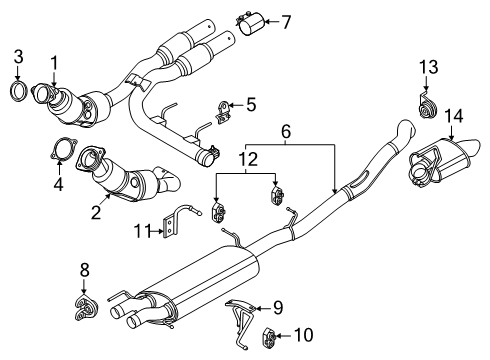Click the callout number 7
pos(286,22)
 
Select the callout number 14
pos(454,116)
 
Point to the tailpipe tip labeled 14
pos(444,159)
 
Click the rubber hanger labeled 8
pos(85,308)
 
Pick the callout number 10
pos(303,335)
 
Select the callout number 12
pos(248,160)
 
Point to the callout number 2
pos(96,212)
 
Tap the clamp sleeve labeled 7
pos(251,22)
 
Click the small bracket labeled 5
pos(223,112)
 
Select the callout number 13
pos(428,67)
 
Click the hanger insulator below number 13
pos(426,106)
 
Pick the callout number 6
pos(286,131)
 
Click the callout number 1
pos(54,63)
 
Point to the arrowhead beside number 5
pos(231,105)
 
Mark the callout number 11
pos(143,231)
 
